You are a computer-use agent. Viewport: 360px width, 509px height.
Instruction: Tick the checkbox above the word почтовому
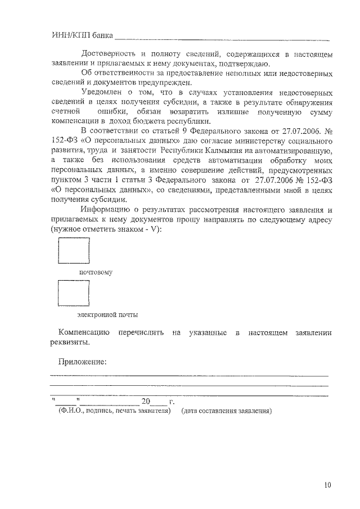74,250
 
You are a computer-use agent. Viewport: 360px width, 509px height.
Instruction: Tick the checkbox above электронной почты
74,293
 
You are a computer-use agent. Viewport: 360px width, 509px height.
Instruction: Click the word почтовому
96,272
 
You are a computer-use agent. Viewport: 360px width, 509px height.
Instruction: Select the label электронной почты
107,314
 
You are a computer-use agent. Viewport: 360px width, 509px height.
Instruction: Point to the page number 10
328,485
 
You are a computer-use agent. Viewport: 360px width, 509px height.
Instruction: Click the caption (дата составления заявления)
226,411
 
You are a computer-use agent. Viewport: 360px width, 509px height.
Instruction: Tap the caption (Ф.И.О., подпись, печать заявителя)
114,411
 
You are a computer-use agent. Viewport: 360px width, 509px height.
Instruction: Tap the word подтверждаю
223,64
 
